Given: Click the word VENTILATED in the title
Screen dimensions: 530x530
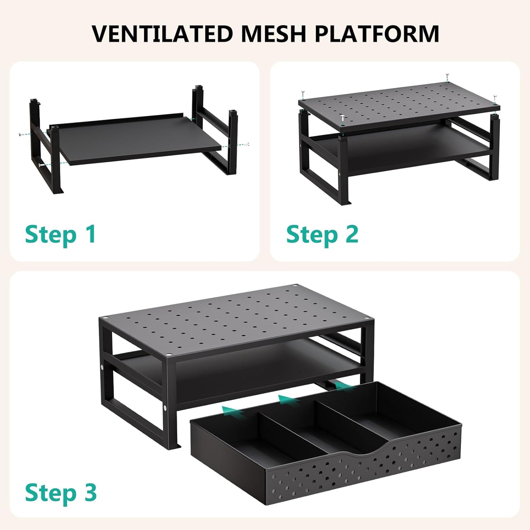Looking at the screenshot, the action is pyautogui.click(x=162, y=33).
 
